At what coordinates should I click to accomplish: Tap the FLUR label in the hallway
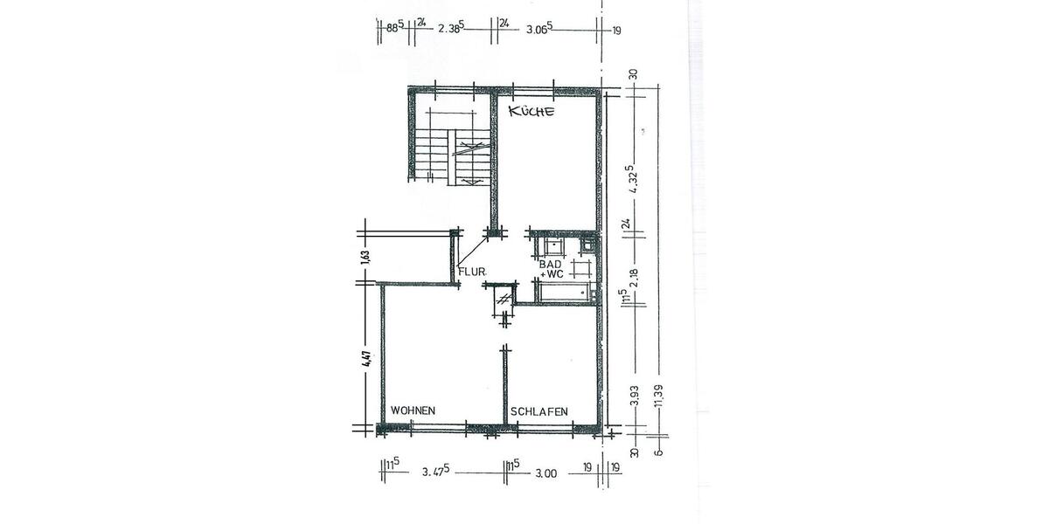472,272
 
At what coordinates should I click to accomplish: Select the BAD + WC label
551,269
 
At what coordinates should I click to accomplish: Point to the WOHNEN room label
413,410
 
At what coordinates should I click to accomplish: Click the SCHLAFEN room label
539,411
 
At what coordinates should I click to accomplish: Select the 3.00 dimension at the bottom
545,472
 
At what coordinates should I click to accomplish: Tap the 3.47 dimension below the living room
434,472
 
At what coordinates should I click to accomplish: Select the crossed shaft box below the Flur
504,298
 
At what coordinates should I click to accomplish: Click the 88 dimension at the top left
393,28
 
